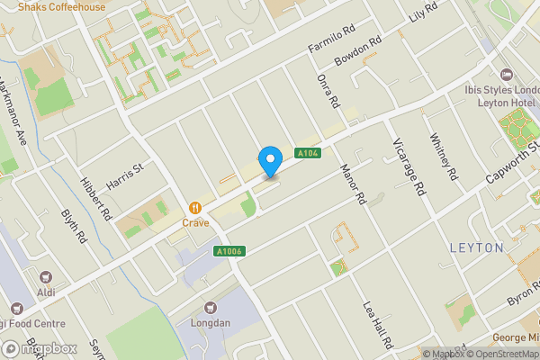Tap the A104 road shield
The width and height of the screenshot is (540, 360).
(x=308, y=153)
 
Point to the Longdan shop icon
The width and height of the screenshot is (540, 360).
(x=211, y=308)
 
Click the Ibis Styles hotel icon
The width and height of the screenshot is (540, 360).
(x=505, y=74)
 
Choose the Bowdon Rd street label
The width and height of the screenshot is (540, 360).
(x=358, y=52)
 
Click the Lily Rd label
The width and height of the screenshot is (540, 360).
(x=422, y=13)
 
